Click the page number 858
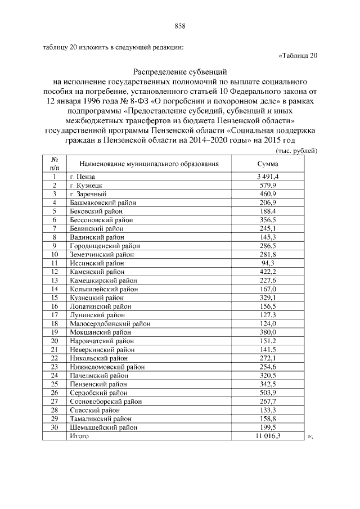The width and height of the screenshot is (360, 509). (x=180, y=26)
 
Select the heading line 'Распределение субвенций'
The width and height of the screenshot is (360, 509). (x=180, y=72)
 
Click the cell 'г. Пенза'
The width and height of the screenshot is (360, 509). (x=83, y=177)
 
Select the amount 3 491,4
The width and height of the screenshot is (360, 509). (x=268, y=177)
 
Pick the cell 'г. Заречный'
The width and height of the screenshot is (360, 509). (x=87, y=193)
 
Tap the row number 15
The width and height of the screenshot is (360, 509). (x=55, y=298)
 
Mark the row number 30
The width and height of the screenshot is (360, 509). (x=55, y=427)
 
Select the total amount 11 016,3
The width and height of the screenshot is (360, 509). (x=268, y=436)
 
